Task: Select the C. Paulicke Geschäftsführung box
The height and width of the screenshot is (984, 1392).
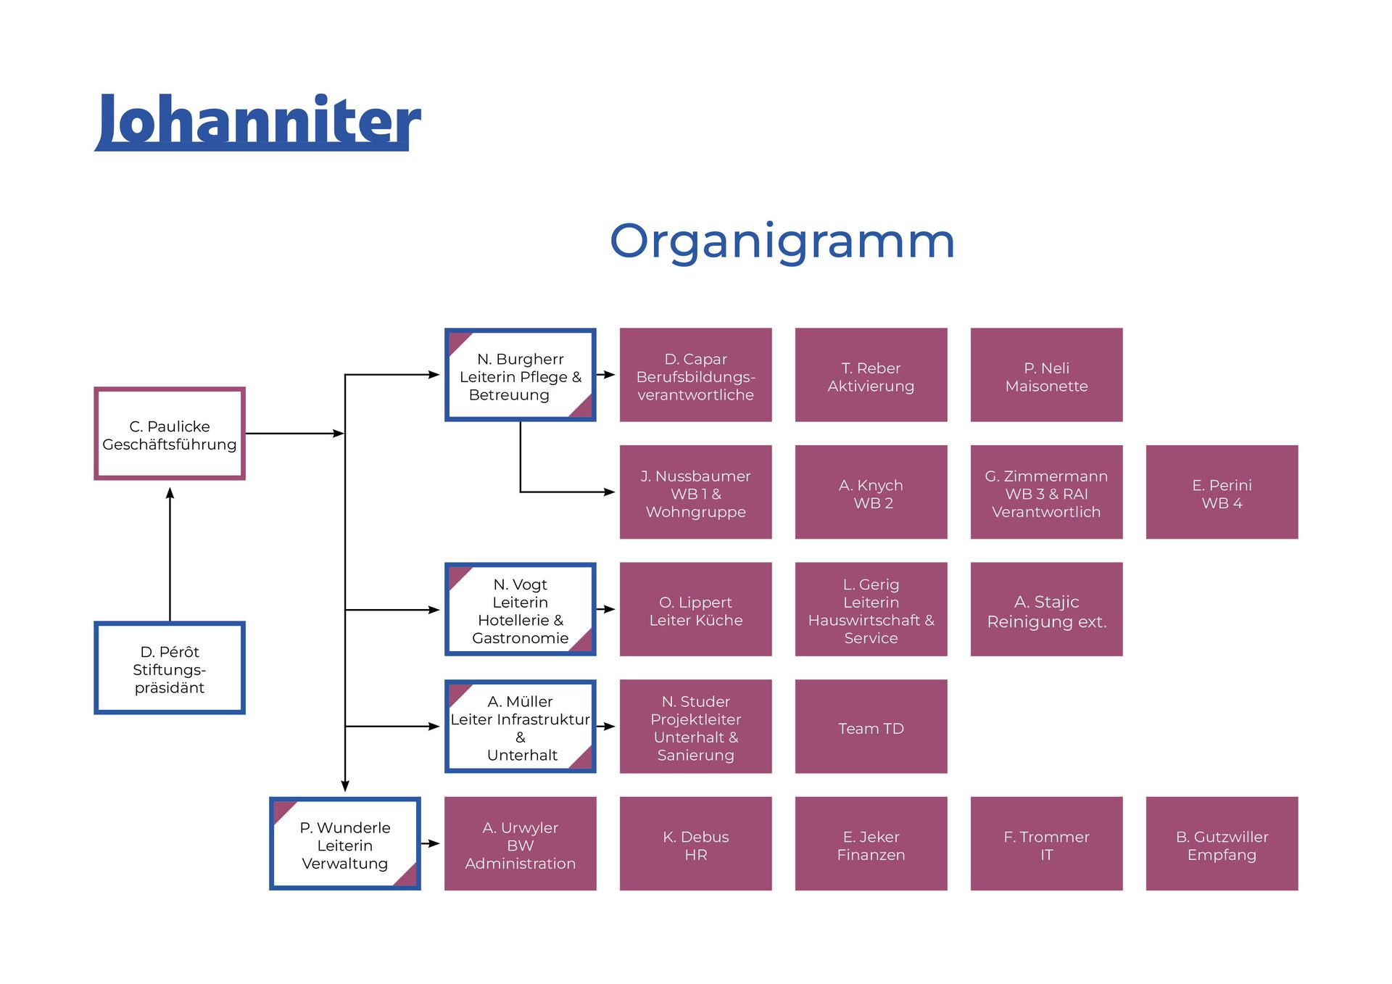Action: [x=170, y=434]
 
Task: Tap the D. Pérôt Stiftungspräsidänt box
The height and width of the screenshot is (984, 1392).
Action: [x=170, y=668]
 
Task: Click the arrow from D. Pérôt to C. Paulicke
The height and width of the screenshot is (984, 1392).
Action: [x=170, y=555]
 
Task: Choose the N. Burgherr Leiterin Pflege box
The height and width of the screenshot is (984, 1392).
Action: [x=520, y=375]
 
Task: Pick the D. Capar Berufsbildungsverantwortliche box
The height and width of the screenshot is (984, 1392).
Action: [x=695, y=375]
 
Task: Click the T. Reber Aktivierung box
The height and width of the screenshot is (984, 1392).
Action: [x=871, y=375]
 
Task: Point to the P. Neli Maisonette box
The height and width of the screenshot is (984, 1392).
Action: [x=1046, y=375]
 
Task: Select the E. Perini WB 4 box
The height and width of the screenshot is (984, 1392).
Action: [x=1222, y=492]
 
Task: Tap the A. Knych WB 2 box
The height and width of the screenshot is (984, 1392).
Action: [x=871, y=492]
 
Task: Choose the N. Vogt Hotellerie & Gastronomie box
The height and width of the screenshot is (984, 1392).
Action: [x=520, y=610]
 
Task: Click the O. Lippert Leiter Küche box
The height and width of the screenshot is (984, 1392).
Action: [x=695, y=610]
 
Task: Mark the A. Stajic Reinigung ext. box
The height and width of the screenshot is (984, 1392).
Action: [x=1046, y=610]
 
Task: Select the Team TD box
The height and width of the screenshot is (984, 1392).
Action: [x=871, y=727]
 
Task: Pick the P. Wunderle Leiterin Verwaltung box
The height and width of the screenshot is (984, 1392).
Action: [x=344, y=844]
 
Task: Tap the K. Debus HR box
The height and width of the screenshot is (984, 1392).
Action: [x=695, y=844]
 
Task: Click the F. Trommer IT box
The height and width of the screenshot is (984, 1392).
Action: [x=1046, y=844]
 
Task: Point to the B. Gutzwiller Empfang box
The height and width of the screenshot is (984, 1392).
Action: [x=1222, y=844]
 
